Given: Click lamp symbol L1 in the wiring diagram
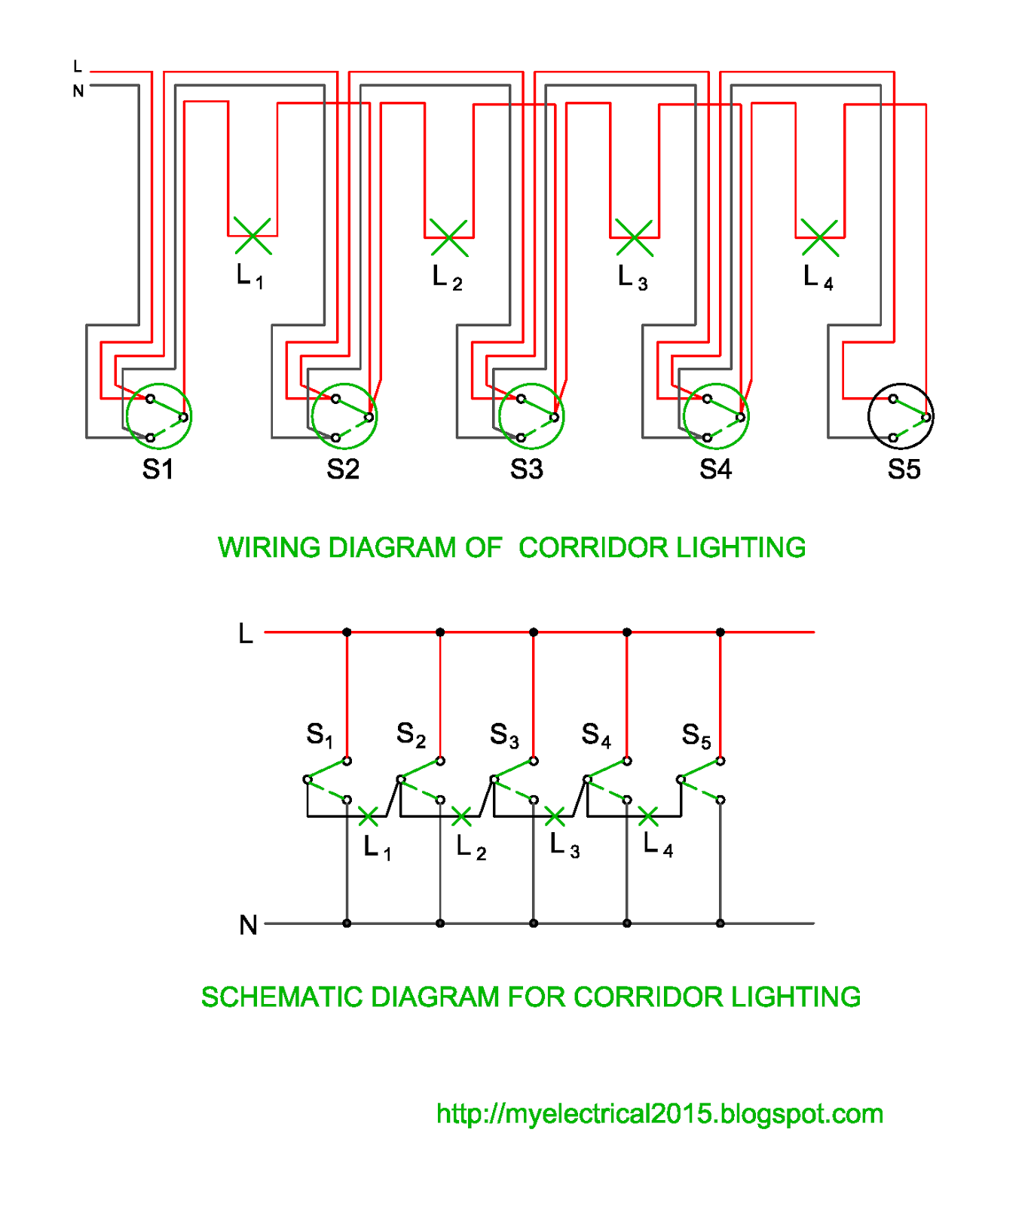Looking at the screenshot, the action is click(252, 236).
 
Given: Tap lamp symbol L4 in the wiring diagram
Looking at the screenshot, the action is click(820, 237).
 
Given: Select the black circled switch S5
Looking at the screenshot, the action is click(901, 416).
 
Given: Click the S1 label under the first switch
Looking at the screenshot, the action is click(158, 469).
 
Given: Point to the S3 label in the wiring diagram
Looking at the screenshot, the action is click(526, 469).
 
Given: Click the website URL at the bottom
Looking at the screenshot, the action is click(659, 1113).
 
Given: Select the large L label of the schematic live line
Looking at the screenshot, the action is click(246, 633).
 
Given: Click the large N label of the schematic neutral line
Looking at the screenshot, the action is click(248, 924).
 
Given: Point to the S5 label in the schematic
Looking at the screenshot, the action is click(696, 735).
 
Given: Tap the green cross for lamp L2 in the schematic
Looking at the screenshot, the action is click(461, 816).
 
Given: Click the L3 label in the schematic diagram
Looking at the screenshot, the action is click(564, 845).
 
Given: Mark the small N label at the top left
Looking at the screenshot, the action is click(78, 91).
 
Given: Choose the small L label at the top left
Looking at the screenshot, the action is click(78, 66).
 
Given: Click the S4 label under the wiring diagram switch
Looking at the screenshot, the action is click(715, 469).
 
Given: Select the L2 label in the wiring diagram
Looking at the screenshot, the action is click(448, 278).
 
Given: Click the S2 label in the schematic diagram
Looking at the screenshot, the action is click(411, 735).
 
